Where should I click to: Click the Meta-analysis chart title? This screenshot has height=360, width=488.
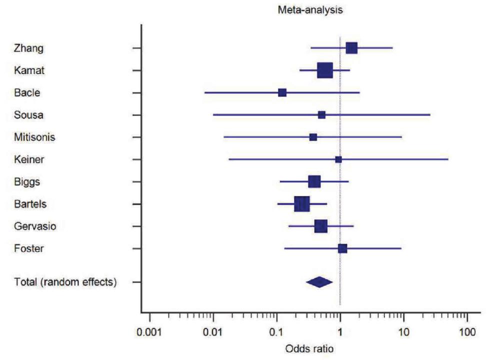click(310, 10)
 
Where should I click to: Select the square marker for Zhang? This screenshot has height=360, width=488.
click(351, 48)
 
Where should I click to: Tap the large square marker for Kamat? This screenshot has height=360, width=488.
click(325, 70)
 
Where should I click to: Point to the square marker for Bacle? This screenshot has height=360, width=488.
click(282, 92)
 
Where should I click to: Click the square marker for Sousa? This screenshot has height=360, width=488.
click(321, 115)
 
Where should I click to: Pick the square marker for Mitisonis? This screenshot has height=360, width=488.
click(313, 137)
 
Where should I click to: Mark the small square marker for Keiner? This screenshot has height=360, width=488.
click(338, 159)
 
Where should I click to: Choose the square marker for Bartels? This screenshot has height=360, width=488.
click(302, 204)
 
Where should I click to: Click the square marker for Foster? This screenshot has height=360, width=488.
click(342, 248)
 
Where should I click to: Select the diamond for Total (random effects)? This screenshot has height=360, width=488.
click(319, 282)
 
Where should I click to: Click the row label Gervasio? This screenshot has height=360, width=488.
click(35, 226)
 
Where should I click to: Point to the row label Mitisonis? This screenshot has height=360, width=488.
click(34, 137)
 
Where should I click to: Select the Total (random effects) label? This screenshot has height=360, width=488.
click(65, 282)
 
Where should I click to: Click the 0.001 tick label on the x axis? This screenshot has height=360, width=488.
click(149, 331)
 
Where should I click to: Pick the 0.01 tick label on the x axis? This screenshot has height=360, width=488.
click(213, 331)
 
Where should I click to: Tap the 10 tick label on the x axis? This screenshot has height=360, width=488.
click(403, 331)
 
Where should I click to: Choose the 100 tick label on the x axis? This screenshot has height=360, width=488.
click(467, 331)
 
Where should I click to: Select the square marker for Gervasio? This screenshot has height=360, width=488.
click(321, 226)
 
